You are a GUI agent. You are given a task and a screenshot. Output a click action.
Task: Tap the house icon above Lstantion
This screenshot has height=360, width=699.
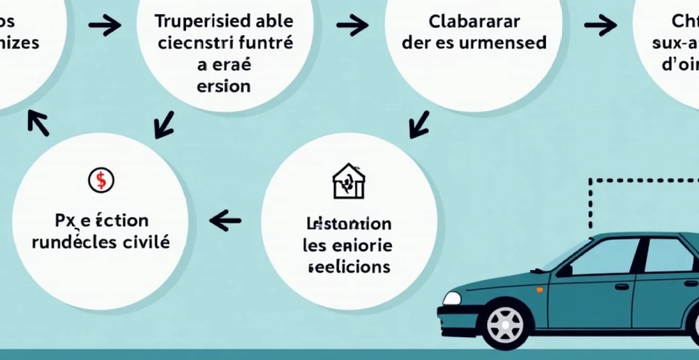(348, 181)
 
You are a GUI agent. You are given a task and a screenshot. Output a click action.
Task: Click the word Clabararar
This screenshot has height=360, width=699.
(474, 22)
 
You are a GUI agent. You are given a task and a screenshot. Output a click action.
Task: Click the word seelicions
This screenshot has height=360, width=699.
(348, 266)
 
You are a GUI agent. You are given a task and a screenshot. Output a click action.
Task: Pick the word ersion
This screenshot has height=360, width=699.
(223, 86)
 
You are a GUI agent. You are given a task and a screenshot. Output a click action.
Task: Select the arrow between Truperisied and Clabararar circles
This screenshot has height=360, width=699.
(352, 25)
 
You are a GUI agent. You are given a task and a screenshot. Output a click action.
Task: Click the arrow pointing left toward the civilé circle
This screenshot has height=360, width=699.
(226, 220)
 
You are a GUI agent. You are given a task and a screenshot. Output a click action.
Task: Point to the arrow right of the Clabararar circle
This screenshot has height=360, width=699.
(600, 25)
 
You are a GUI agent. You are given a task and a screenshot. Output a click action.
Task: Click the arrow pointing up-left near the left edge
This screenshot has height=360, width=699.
(38, 123)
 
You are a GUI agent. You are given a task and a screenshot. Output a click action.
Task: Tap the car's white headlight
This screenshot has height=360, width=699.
(452, 298)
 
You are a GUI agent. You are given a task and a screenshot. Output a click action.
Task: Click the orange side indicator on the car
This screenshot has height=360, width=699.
(539, 290)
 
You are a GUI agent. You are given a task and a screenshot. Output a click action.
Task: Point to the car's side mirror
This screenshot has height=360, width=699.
(565, 270)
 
